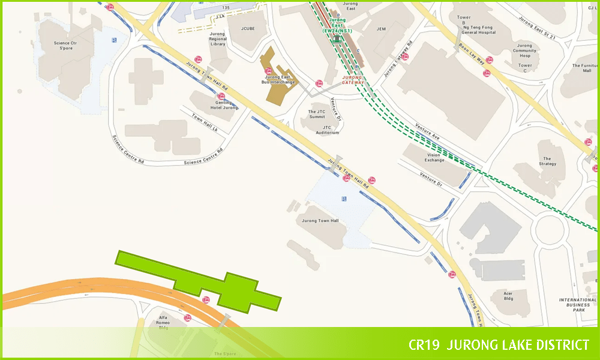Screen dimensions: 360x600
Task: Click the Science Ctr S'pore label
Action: pyautogui.click(x=65, y=46)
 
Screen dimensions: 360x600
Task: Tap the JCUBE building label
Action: pyautogui.click(x=248, y=28)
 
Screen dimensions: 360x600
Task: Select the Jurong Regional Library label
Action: pyautogui.click(x=218, y=39)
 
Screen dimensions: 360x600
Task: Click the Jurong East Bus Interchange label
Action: pyautogui.click(x=279, y=79)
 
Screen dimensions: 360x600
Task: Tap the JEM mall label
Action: pyautogui.click(x=381, y=29)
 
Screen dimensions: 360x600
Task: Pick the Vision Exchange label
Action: pyautogui.click(x=435, y=157)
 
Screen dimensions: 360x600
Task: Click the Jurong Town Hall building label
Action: pyautogui.click(x=320, y=221)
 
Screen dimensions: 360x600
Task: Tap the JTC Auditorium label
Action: pyautogui.click(x=327, y=130)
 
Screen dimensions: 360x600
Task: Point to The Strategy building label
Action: pyautogui.click(x=547, y=161)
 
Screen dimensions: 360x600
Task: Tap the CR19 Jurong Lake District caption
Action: pyautogui.click(x=499, y=345)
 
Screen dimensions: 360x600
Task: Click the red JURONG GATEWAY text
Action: pyautogui.click(x=353, y=80)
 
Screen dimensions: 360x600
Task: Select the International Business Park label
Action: pyautogui.click(x=578, y=305)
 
